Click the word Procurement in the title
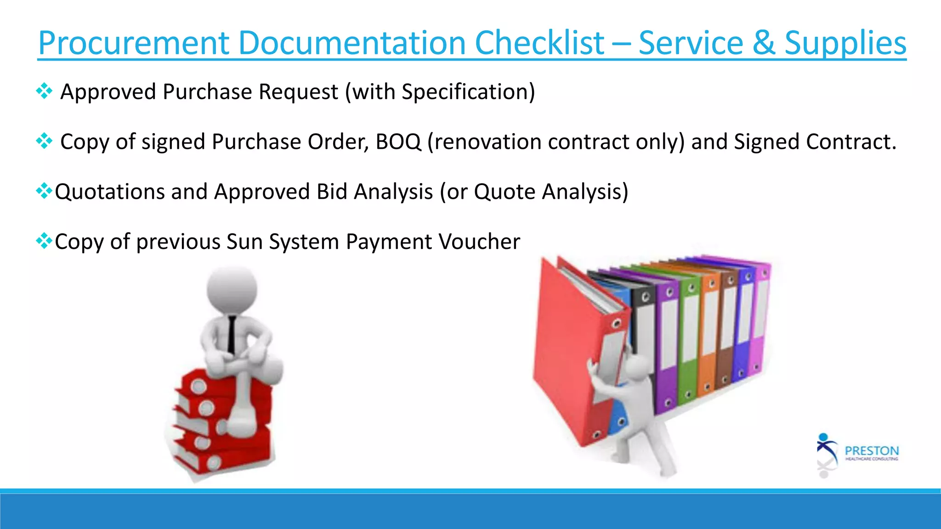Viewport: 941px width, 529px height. coord(133,43)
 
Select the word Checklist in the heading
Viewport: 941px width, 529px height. coord(539,43)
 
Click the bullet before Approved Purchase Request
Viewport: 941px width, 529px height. coord(44,91)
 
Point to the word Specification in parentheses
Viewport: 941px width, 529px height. coord(465,92)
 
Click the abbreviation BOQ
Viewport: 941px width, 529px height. coord(398,141)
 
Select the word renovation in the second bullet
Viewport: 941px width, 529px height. coord(488,141)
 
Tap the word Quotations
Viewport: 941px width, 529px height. coord(109,191)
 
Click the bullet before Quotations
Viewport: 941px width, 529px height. coord(44,191)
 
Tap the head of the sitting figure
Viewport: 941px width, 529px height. coord(232,289)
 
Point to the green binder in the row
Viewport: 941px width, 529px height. coord(687,340)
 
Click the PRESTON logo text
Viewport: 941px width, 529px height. coord(872,450)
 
